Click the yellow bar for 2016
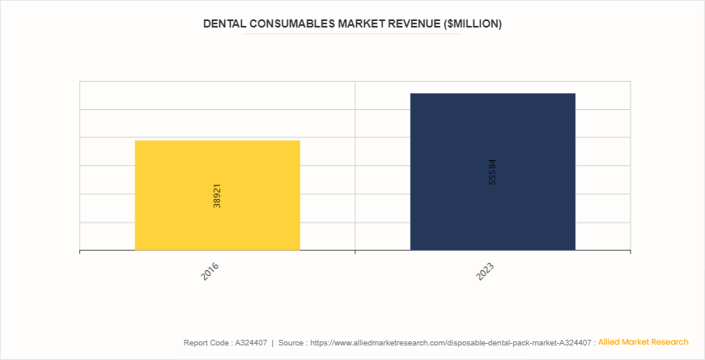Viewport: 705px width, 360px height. coord(217,195)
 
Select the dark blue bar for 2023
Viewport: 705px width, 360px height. coord(492,172)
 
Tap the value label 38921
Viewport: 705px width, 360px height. coord(217,196)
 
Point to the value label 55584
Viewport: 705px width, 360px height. coord(493,172)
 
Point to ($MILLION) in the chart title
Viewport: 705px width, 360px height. coord(473,24)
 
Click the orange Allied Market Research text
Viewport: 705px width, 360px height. coord(643,342)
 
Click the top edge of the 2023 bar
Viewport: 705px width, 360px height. coord(492,94)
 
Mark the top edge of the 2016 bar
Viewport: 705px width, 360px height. coord(217,141)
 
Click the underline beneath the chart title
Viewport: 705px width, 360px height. coord(352,35)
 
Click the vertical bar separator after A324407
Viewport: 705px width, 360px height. coord(271,343)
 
